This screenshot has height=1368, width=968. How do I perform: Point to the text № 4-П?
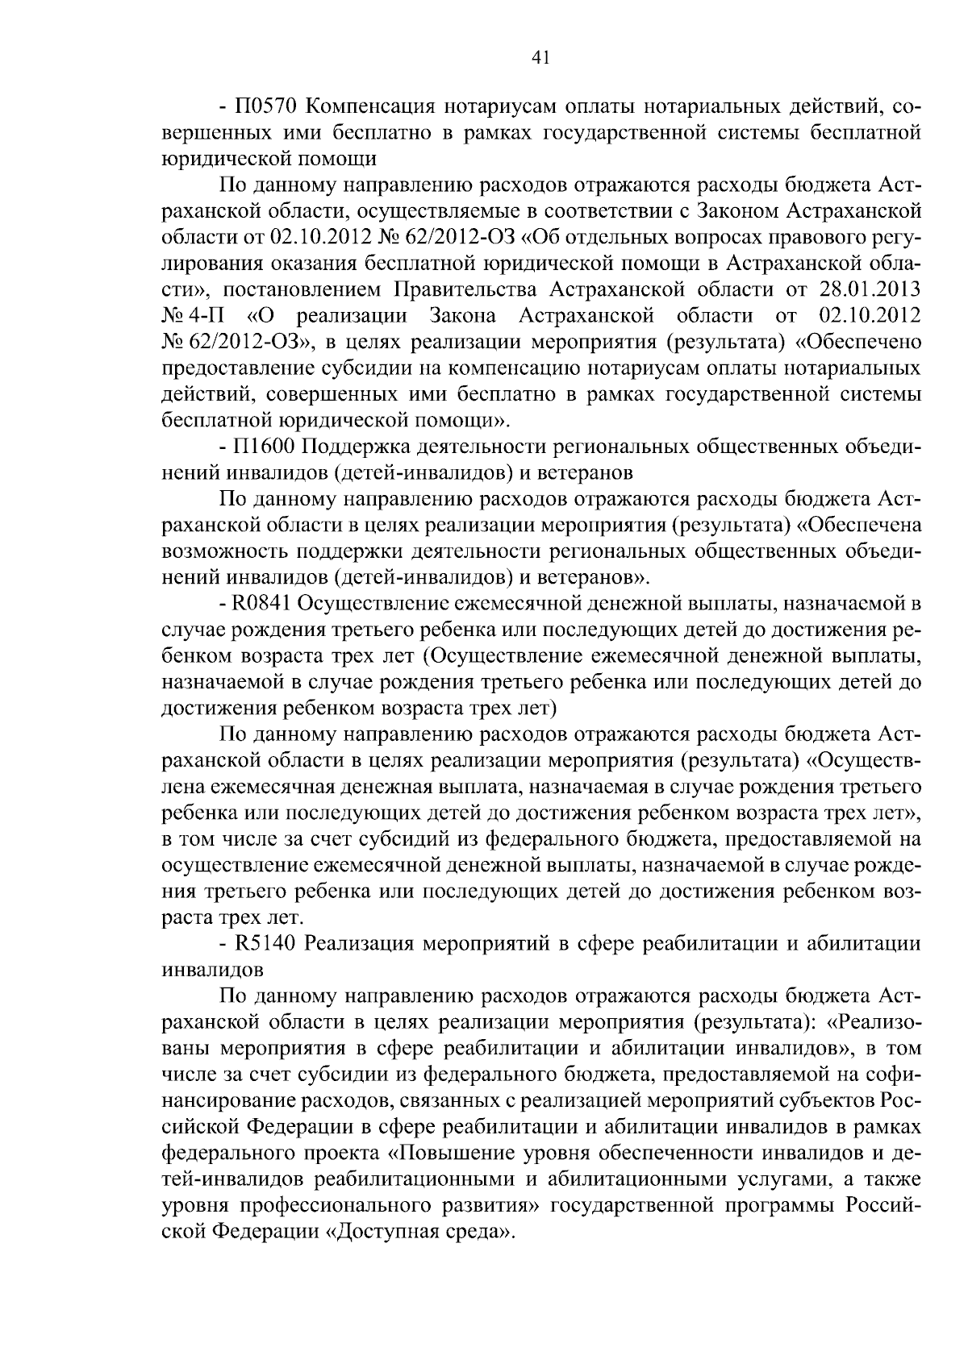click(x=190, y=316)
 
